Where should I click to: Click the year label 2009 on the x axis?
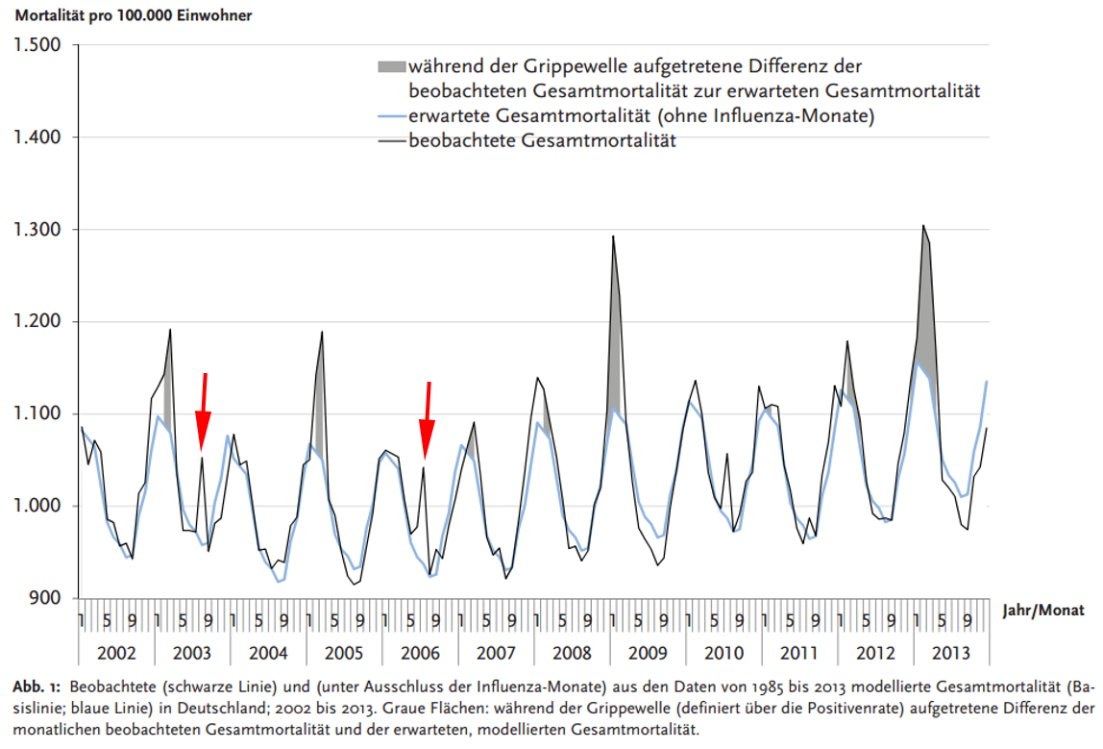pos(648,654)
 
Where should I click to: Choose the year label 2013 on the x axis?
pos(951,654)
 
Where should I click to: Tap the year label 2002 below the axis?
pos(116,654)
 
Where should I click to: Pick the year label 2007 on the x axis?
pos(496,654)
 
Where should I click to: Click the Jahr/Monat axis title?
pos(1042,610)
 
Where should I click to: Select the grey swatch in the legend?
pos(391,67)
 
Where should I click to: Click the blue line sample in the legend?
pos(391,117)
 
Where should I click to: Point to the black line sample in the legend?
pos(391,141)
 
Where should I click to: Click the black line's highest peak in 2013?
pos(923,226)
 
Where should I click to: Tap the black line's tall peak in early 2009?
pos(613,237)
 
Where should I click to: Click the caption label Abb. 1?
pos(35,688)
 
